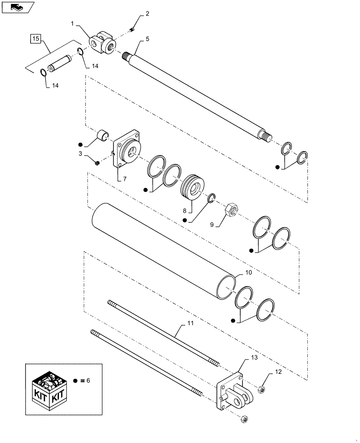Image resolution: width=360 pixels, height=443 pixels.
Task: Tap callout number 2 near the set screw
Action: click(x=147, y=13)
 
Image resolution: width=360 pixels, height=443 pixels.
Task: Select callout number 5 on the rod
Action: click(x=147, y=39)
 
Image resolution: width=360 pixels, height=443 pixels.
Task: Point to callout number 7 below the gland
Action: click(x=125, y=179)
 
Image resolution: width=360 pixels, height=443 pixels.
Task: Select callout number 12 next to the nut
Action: click(x=278, y=373)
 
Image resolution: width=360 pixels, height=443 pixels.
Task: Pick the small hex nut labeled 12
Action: click(x=262, y=390)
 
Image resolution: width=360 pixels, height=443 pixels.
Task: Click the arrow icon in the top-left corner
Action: click(x=17, y=6)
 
